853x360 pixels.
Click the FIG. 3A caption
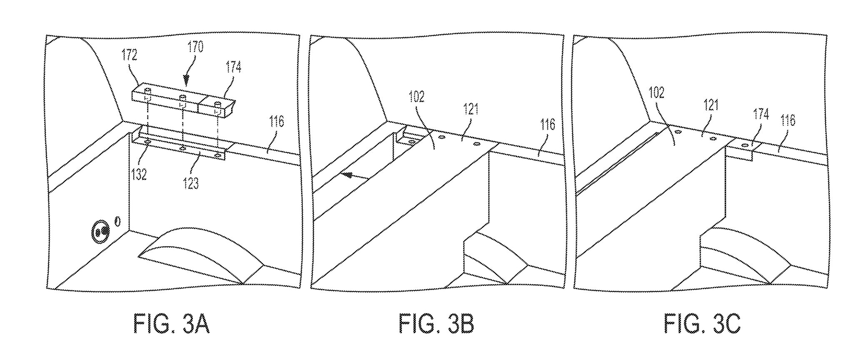pos(171,324)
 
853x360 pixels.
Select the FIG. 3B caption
pos(436,324)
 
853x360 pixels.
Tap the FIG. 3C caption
pos(702,324)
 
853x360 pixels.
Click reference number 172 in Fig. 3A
pos(129,55)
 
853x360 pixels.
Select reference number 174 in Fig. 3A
pos(233,67)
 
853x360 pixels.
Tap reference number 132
pos(139,174)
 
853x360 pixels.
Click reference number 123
pos(191,183)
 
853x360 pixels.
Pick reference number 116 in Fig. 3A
pos(276,121)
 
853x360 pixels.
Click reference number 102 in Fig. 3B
pos(417,97)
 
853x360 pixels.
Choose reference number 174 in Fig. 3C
pos(761,114)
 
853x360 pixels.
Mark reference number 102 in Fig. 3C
pos(656,92)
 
